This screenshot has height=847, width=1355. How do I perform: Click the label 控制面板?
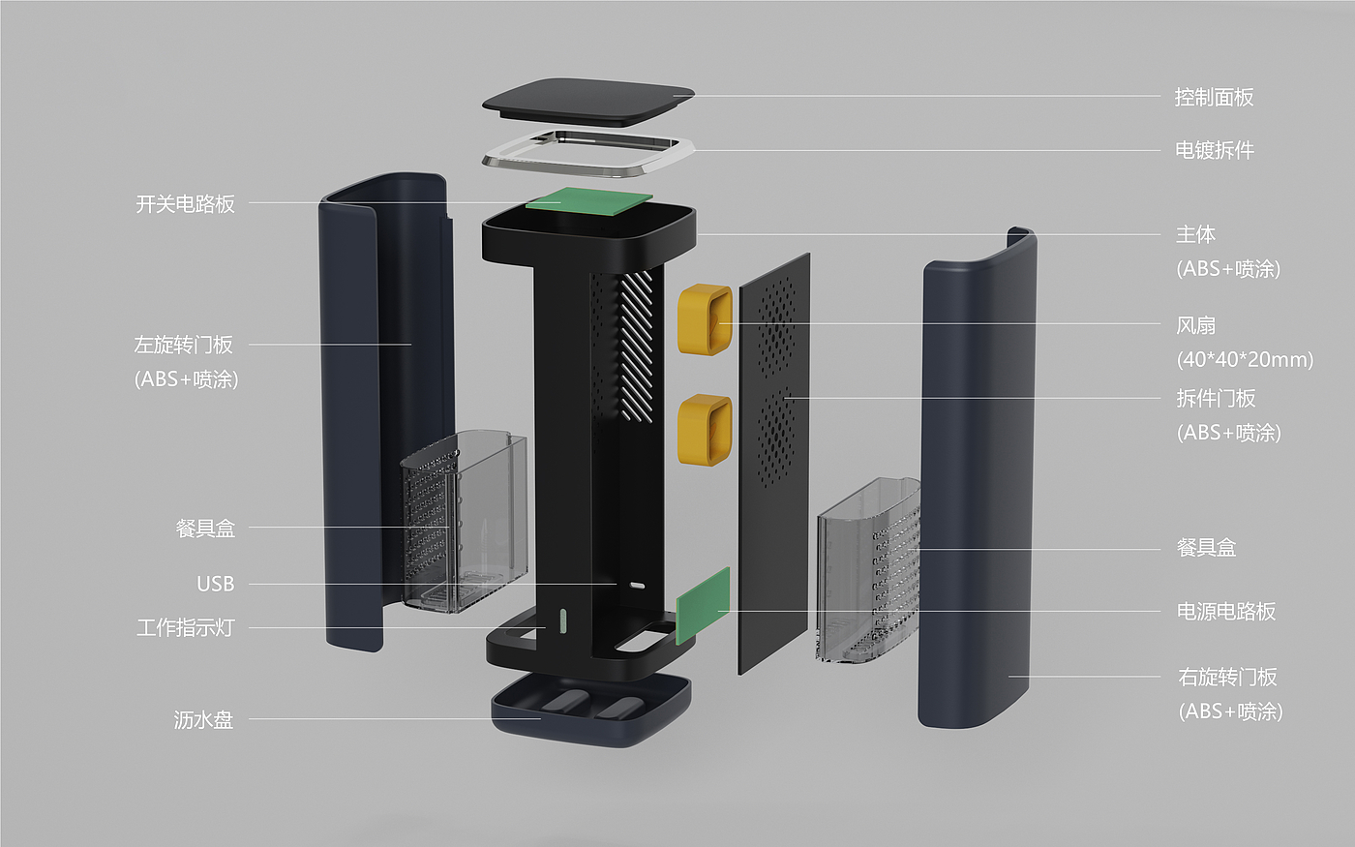click(x=1214, y=97)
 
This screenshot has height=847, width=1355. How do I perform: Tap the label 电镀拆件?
click(x=1215, y=150)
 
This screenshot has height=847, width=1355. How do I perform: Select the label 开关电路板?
click(x=185, y=204)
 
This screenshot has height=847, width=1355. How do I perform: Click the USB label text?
click(x=215, y=584)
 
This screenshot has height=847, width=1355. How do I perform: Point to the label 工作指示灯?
click(x=185, y=627)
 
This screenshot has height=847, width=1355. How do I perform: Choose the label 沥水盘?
click(x=204, y=720)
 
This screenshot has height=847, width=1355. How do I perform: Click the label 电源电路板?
click(x=1226, y=611)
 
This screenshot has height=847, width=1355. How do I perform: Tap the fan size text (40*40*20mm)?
click(x=1245, y=359)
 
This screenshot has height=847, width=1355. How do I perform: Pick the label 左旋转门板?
click(x=183, y=345)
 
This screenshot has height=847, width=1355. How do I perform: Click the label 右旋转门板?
click(x=1227, y=677)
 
